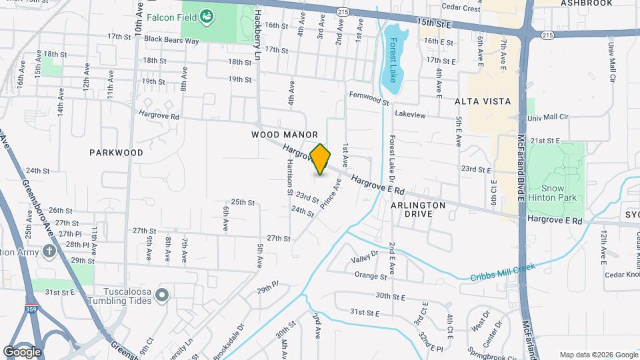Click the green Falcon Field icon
coord(207,15)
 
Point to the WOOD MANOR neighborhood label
coord(285,135)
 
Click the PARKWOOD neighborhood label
coord(117,153)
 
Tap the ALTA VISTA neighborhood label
coord(483,101)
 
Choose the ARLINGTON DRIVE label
coord(418,209)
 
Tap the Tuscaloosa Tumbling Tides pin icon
coord(161,295)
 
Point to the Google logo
coord(22,352)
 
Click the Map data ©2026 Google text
coord(598,355)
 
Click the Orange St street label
coord(371,275)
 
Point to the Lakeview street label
coord(410,115)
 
